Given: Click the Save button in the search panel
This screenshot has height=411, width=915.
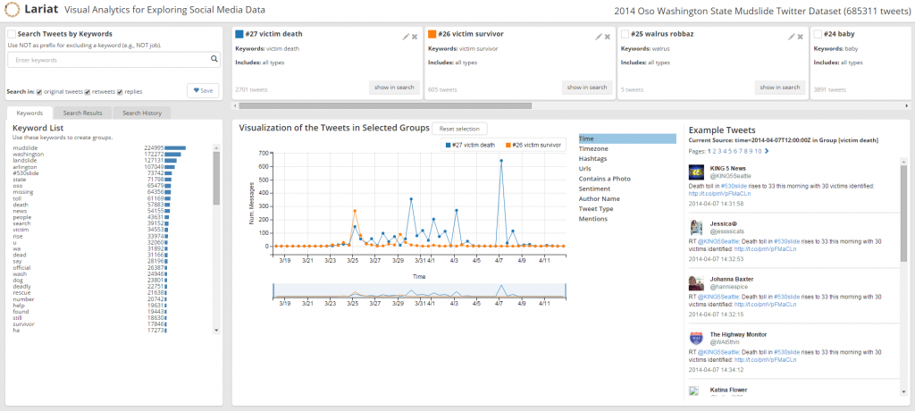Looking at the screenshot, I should tap(203, 90).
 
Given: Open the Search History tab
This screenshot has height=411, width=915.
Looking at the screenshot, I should tap(142, 113).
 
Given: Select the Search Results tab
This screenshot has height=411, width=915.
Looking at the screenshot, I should tap(82, 113).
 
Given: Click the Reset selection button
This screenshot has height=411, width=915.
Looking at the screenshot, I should tap(459, 129).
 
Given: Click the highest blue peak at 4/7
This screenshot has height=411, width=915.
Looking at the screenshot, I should tap(500, 161).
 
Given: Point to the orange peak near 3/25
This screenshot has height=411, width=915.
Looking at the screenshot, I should tap(355, 212).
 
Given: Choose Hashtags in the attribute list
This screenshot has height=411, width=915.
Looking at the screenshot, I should tap(593, 159).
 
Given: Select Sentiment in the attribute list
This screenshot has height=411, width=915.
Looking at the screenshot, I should tap(595, 189).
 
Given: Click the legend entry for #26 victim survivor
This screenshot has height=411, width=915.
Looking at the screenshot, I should tap(534, 144).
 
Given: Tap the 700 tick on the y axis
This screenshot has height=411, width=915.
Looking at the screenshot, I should tap(264, 153).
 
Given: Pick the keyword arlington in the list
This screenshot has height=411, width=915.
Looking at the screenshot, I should tap(27, 166).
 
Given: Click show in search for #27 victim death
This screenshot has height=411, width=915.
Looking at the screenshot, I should tap(394, 88).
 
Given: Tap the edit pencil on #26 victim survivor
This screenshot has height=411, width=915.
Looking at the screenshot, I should tap(598, 37).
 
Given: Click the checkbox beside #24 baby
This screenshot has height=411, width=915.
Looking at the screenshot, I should tap(818, 34).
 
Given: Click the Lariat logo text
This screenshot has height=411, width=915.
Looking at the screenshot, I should tap(43, 11).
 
